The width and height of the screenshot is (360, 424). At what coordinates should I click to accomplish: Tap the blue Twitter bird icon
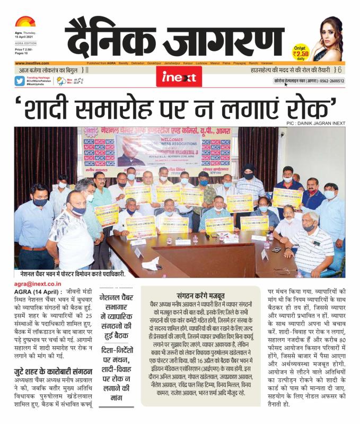point(20,81)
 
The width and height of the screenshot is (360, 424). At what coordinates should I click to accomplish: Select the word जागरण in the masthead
point(239,37)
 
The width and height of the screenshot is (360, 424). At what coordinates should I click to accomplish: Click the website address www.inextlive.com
point(32,63)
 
